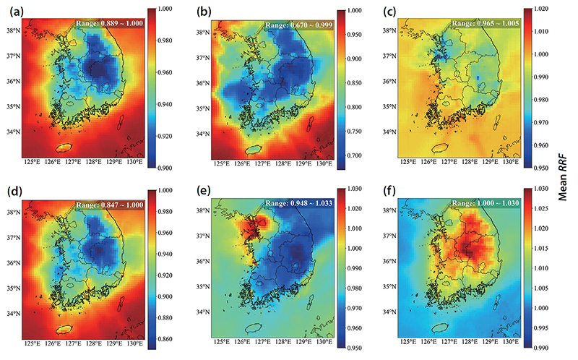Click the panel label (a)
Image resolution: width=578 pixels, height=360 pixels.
(17, 12)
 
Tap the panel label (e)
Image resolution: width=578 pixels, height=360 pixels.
(204, 191)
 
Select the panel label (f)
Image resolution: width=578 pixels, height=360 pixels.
(389, 191)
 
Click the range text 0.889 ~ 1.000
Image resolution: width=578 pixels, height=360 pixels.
(121, 23)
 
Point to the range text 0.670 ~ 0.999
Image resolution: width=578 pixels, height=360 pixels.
(311, 25)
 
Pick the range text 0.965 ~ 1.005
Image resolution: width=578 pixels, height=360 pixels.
(497, 23)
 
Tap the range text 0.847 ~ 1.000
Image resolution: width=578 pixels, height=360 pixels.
(121, 205)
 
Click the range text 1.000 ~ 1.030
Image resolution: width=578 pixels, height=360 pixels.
(497, 203)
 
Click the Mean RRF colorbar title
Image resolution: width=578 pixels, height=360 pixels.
(563, 178)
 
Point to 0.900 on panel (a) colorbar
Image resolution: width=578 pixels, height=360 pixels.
(165, 168)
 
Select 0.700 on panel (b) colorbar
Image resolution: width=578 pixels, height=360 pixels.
(354, 155)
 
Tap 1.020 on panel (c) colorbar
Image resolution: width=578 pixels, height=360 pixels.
(540, 9)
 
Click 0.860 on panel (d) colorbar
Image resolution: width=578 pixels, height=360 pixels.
(165, 339)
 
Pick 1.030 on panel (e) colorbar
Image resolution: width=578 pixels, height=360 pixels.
(354, 189)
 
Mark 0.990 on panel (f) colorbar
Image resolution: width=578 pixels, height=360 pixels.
(540, 348)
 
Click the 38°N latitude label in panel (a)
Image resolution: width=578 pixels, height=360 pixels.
(13, 30)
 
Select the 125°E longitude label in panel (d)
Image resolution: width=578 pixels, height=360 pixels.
(32, 344)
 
